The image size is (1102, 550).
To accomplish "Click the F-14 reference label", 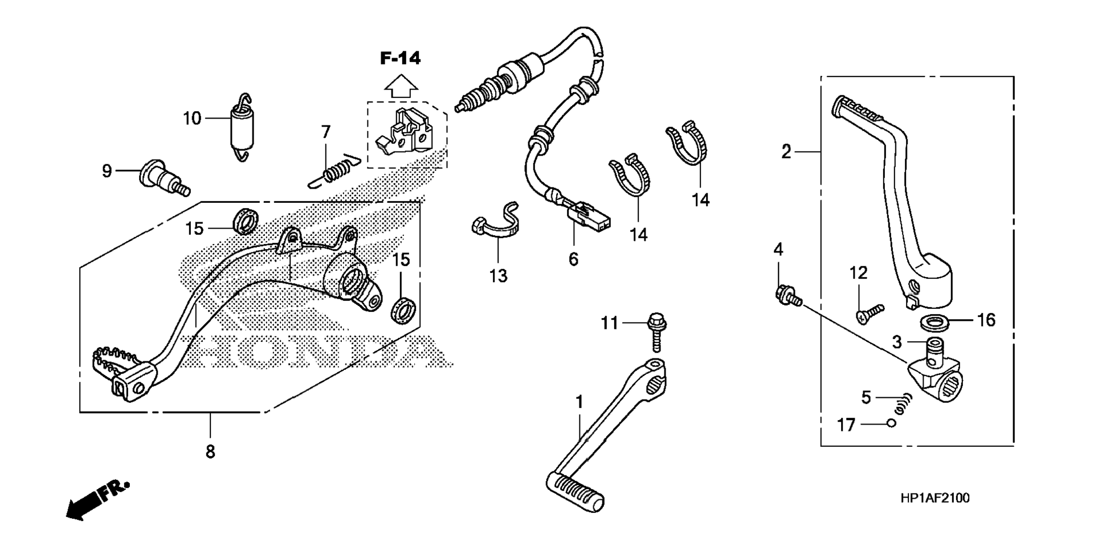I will coord(401,58).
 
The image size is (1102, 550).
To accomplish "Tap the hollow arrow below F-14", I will coord(401,86).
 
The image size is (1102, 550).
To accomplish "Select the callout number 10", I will coord(192,119).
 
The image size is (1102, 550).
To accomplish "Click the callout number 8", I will coord(210,452).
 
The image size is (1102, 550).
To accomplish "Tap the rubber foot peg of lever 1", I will coord(576,490).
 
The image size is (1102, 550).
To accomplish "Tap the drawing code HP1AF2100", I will coord(934,498).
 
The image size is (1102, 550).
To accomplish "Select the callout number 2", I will coord(786,152).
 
